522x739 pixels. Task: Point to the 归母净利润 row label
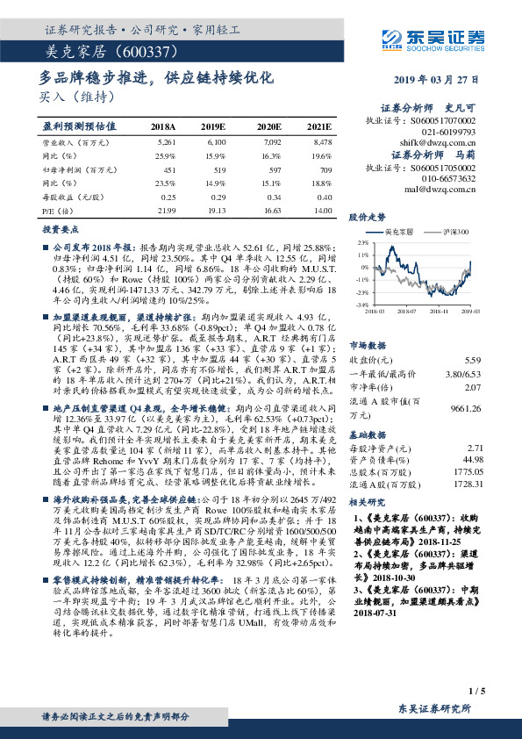coord(67,169)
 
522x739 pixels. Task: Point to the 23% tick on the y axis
coord(361,241)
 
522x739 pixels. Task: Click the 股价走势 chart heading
coord(368,216)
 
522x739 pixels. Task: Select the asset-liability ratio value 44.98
coord(472,457)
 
